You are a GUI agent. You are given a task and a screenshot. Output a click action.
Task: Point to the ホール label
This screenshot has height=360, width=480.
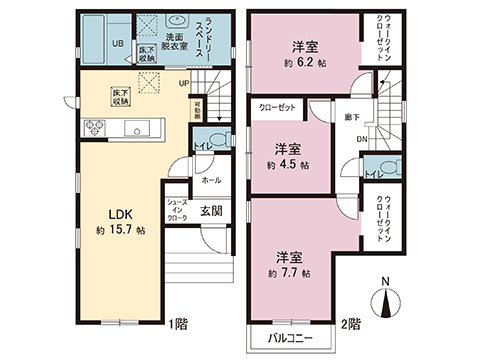click(x=211, y=181)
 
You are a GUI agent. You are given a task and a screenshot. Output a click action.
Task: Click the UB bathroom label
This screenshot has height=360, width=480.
click(x=117, y=43)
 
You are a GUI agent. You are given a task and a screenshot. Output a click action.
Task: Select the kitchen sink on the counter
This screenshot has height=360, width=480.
click(x=139, y=128)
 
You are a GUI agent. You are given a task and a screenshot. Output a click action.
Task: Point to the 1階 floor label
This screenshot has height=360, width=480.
click(x=178, y=323)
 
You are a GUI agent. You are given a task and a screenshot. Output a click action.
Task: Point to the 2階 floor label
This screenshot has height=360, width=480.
click(x=348, y=323)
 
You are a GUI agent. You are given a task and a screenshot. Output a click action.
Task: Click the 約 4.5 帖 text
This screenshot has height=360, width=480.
click(x=287, y=163)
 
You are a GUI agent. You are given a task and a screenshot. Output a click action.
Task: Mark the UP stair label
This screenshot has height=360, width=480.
click(x=185, y=83)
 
